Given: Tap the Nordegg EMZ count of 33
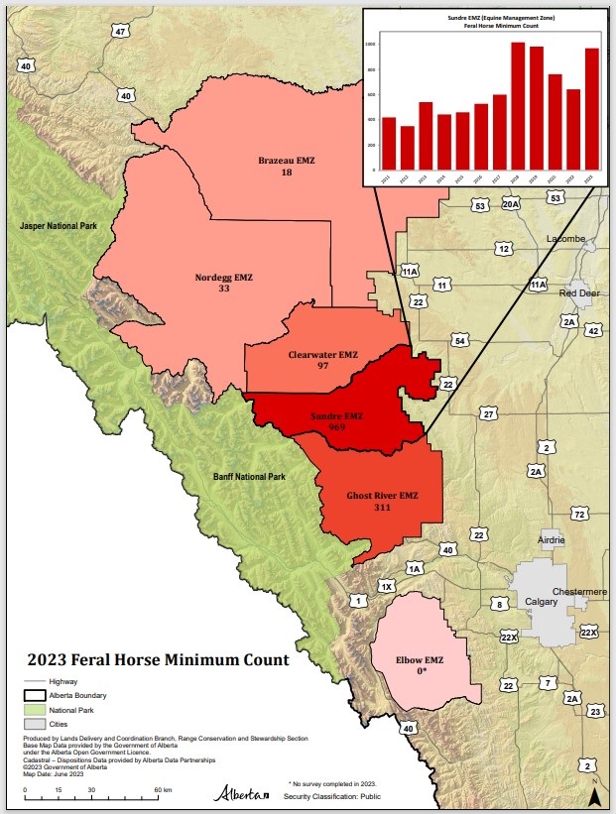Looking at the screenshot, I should [x=223, y=290].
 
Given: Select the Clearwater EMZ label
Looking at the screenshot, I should [x=322, y=354].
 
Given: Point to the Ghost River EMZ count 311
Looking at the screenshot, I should [x=382, y=508].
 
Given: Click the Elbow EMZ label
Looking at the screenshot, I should [x=422, y=659].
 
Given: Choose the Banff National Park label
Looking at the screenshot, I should [x=249, y=477].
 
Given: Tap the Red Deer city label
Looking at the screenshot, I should [x=579, y=293].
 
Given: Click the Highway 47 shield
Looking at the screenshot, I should [x=120, y=32].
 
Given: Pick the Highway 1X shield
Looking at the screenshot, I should [x=387, y=587].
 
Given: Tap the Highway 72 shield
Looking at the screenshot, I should [x=580, y=514].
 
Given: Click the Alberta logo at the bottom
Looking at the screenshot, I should [x=241, y=794].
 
